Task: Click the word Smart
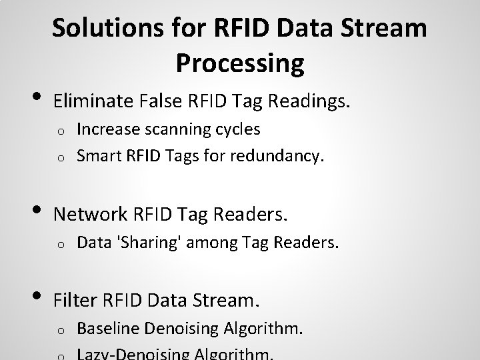tap(96, 156)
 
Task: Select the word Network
tap(90, 214)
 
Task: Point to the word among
tap(213, 245)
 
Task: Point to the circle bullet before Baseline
tap(60, 330)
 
